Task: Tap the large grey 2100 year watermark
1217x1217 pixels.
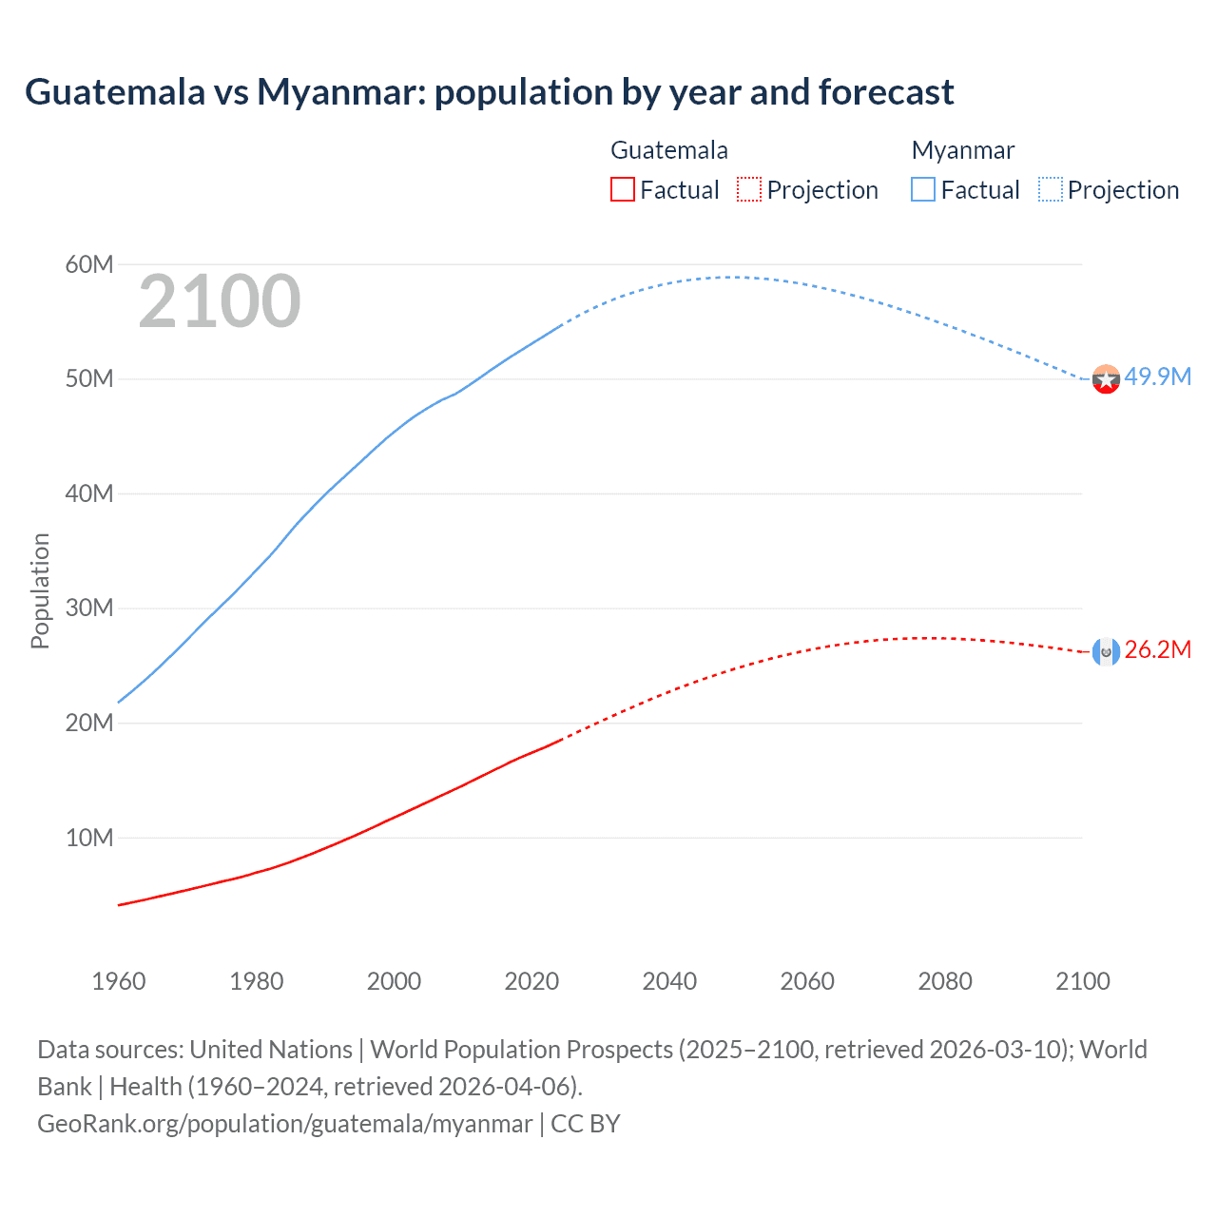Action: pos(220,301)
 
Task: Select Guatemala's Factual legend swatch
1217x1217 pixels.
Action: pos(622,189)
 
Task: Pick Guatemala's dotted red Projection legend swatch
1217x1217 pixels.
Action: pos(749,189)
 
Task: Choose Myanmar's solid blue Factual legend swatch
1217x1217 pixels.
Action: pos(923,189)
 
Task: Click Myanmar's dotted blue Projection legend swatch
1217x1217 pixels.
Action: pos(1050,189)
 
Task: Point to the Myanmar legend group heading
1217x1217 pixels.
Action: pos(962,150)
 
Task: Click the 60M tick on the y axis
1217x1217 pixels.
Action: pos(89,264)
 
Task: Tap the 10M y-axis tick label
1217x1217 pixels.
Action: pos(89,838)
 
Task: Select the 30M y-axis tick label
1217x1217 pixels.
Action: pos(89,608)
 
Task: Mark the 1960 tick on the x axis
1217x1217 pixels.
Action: pos(119,981)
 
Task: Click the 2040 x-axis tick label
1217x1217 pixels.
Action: pos(669,981)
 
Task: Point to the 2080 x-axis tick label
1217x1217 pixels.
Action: pos(945,981)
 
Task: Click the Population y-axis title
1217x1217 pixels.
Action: pos(40,590)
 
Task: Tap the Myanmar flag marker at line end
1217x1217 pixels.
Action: pos(1106,379)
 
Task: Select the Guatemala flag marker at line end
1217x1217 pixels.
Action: pos(1106,651)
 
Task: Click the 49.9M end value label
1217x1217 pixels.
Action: pos(1157,377)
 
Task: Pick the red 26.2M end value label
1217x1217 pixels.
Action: pos(1157,650)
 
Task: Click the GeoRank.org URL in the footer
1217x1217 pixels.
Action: pos(284,1124)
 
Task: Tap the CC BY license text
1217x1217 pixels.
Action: pos(586,1124)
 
